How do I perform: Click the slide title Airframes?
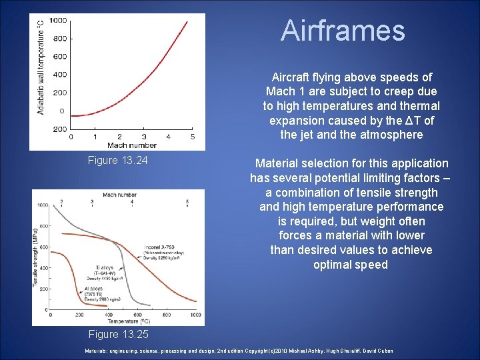(343, 31)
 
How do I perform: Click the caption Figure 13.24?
(118, 161)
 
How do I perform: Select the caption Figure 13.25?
(118, 334)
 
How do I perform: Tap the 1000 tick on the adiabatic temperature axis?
(58, 21)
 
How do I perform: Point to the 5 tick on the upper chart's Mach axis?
(193, 137)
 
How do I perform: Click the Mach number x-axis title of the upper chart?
(132, 145)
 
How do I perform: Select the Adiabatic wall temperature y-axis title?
(41, 67)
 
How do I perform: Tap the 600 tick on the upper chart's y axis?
(60, 57)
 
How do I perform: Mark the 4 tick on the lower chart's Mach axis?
(132, 201)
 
